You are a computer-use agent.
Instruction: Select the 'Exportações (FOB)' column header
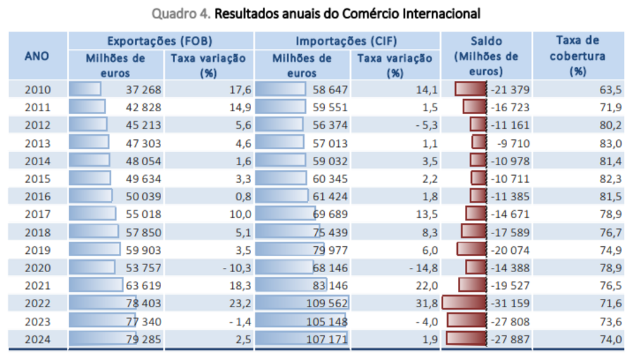(160, 41)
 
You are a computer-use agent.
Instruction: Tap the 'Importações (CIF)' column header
(347, 41)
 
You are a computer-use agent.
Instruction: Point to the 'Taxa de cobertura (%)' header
(577, 56)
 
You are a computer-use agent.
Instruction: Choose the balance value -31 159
(510, 304)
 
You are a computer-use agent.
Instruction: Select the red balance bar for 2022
(463, 304)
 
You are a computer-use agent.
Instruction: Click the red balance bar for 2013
(479, 143)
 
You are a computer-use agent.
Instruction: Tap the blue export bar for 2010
(85, 89)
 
